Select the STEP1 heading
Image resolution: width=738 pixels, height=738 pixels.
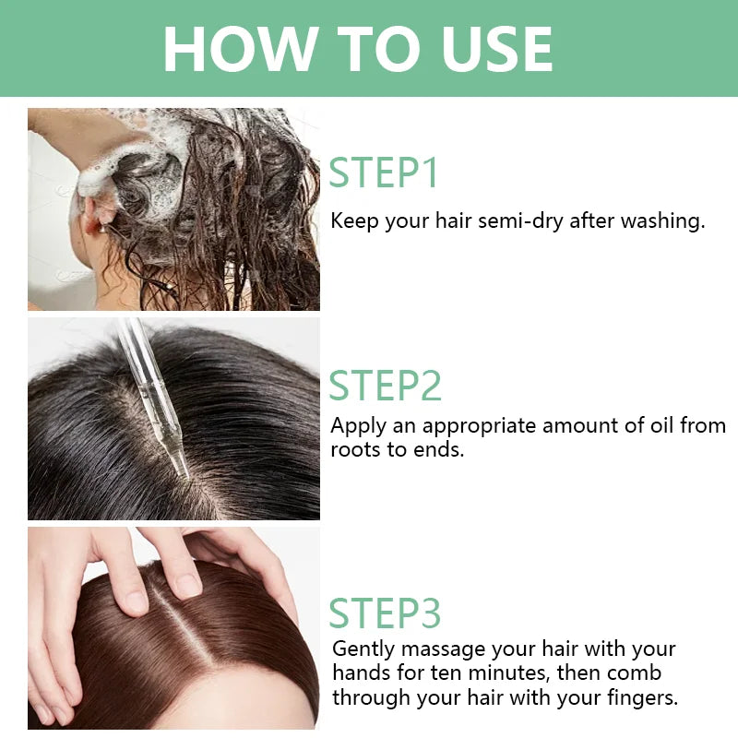point(384,173)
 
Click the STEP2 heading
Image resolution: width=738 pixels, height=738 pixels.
point(385,385)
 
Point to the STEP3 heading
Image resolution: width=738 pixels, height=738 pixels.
point(385,613)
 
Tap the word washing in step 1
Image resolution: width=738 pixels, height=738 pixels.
point(662,221)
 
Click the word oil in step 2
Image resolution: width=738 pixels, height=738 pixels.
point(662,425)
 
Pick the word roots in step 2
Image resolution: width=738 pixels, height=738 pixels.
point(356,449)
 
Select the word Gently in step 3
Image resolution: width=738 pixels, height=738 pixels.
point(363,650)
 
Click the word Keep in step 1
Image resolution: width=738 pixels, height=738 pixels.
point(354,221)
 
